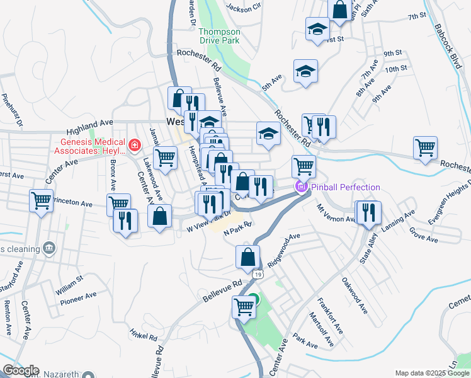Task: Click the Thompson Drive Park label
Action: [219, 36]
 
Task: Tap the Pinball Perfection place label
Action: [346, 187]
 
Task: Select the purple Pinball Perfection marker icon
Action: [301, 186]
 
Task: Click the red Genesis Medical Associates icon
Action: [133, 146]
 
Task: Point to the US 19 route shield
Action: [258, 275]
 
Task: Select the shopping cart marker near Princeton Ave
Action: [42, 201]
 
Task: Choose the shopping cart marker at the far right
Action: [426, 147]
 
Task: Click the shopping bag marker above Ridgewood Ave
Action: [248, 256]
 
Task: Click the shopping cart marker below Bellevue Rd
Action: [244, 307]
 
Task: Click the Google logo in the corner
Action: [20, 370]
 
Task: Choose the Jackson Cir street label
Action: [243, 8]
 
